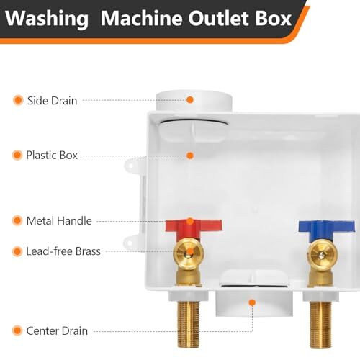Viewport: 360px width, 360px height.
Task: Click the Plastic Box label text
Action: (x=52, y=155)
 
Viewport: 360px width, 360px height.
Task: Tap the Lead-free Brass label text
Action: (x=63, y=251)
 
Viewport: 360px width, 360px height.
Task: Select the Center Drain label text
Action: (x=57, y=330)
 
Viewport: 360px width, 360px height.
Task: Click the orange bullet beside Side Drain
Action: (x=17, y=100)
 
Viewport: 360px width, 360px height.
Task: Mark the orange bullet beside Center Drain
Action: (x=17, y=330)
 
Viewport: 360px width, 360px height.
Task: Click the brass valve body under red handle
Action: (x=188, y=255)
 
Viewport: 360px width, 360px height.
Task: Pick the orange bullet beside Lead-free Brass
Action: (x=17, y=251)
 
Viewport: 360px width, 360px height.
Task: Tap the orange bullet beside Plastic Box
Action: (x=17, y=155)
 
